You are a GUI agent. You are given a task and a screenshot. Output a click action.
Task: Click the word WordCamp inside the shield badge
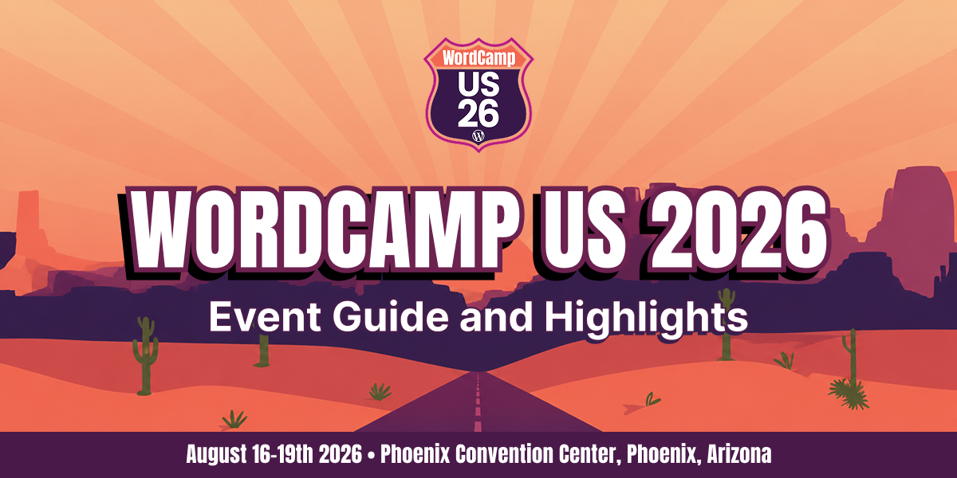pyautogui.click(x=478, y=57)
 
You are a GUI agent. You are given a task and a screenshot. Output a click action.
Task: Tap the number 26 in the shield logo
pyautogui.click(x=478, y=113)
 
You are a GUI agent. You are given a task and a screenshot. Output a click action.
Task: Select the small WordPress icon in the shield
pyautogui.click(x=478, y=135)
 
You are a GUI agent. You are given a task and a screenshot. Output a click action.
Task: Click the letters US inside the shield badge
pyautogui.click(x=478, y=84)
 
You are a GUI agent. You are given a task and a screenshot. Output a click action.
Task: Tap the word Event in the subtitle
pyautogui.click(x=265, y=317)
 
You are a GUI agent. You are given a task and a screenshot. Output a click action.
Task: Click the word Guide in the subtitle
pyautogui.click(x=391, y=317)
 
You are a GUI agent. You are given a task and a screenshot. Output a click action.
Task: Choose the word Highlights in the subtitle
pyautogui.click(x=647, y=318)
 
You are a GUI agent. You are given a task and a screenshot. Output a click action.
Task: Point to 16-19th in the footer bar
pyautogui.click(x=283, y=453)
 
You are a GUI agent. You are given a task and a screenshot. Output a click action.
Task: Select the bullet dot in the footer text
pyautogui.click(x=371, y=456)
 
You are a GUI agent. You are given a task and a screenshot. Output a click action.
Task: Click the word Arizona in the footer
pyautogui.click(x=739, y=454)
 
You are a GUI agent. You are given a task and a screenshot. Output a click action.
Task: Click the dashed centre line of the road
pyautogui.click(x=478, y=402)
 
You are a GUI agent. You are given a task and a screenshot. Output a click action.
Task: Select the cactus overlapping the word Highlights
pyautogui.click(x=727, y=324)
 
